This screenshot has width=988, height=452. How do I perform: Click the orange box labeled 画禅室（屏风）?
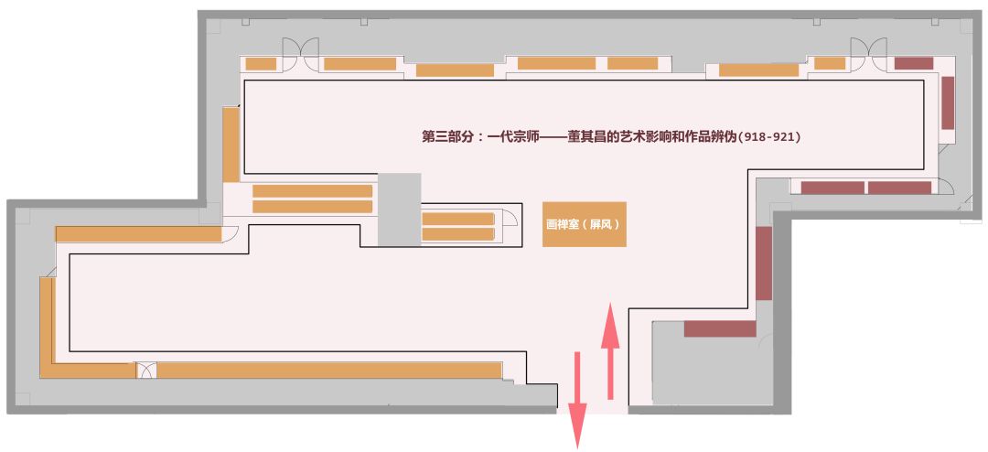[584, 223]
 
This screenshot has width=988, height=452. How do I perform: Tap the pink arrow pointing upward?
[610, 353]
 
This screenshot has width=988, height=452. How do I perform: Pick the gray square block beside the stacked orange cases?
[399, 210]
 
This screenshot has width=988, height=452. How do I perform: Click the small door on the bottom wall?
[146, 371]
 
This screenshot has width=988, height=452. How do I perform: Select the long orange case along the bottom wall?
[329, 371]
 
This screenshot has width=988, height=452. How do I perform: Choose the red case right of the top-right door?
[913, 63]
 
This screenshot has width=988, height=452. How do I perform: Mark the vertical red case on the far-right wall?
[948, 102]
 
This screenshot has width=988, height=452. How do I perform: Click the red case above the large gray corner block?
[720, 328]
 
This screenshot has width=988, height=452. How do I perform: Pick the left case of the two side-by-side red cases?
[832, 188]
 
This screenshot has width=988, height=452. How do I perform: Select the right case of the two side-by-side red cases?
[899, 188]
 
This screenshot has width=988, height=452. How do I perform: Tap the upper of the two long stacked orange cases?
[312, 191]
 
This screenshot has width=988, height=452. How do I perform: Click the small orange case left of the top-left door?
[261, 64]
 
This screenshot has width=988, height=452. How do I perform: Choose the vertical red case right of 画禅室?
[763, 264]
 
